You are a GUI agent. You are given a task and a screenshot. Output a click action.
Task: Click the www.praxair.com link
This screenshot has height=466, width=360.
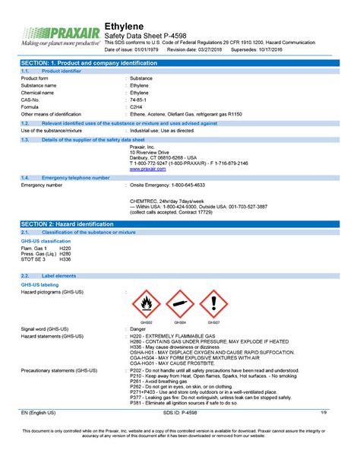click(147, 169)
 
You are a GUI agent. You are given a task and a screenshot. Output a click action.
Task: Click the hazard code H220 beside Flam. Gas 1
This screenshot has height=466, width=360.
click(65, 248)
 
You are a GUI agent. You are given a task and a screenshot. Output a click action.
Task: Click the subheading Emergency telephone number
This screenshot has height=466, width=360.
click(76, 177)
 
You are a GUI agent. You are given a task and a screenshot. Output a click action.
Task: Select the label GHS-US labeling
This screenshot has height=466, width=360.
click(41, 284)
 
